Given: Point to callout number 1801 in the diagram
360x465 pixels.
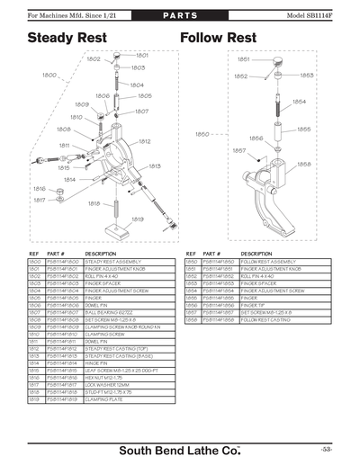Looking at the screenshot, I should coord(142,56).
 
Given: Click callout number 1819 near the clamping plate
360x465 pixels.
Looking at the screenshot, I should coord(138,219).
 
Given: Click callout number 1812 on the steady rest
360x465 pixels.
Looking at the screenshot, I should coord(143,141).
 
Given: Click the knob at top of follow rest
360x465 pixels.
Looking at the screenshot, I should coord(277,60).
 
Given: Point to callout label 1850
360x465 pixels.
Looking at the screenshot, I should coord(202,134).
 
